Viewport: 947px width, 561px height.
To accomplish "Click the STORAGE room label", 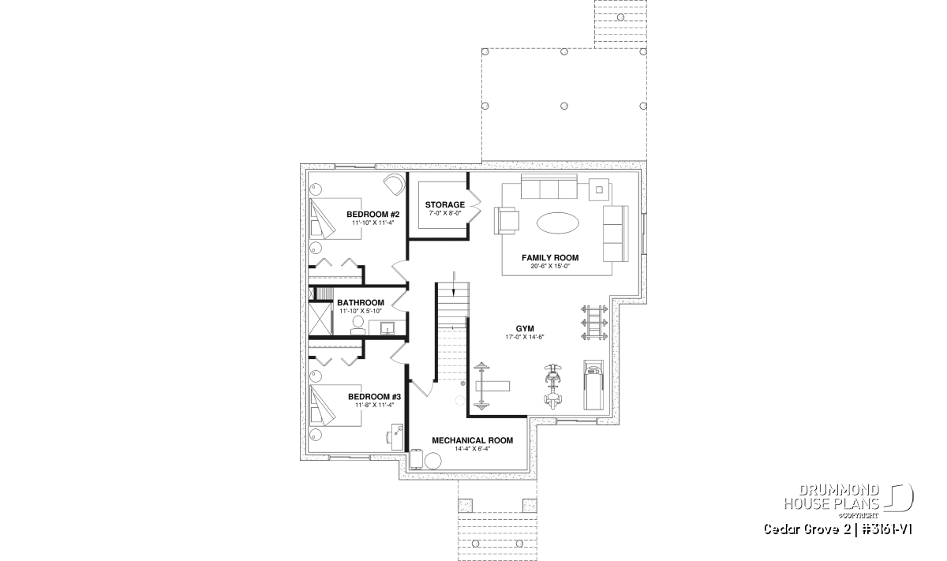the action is pyautogui.click(x=445, y=204).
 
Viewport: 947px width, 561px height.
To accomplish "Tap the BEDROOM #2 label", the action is pyautogui.click(x=372, y=214).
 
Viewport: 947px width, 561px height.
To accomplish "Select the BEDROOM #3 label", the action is pyautogui.click(x=374, y=397).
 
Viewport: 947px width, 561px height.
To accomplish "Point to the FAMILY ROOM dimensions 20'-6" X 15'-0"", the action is pyautogui.click(x=550, y=267).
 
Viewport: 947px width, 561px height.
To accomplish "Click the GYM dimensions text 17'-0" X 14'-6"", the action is pyautogui.click(x=525, y=337).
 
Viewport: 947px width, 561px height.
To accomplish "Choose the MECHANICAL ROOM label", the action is pyautogui.click(x=472, y=440).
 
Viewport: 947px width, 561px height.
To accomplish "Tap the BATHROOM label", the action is pyautogui.click(x=361, y=303).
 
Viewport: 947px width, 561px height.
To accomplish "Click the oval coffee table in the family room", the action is pyautogui.click(x=558, y=223).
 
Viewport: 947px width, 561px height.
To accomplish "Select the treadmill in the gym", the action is pyautogui.click(x=593, y=385).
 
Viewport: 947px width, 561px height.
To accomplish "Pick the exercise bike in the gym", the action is pyautogui.click(x=553, y=386).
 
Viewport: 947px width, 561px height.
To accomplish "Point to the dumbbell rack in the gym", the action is pyautogui.click(x=594, y=323).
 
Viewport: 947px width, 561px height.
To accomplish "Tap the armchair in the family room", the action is pyautogui.click(x=507, y=220).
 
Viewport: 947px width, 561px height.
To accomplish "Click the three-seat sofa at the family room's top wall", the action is pyautogui.click(x=548, y=186).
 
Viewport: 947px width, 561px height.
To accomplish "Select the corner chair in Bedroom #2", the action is pyautogui.click(x=394, y=185).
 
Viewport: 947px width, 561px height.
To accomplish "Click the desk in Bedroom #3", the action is pyautogui.click(x=397, y=436).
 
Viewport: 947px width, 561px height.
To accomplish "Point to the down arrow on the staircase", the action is pyautogui.click(x=454, y=284).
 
